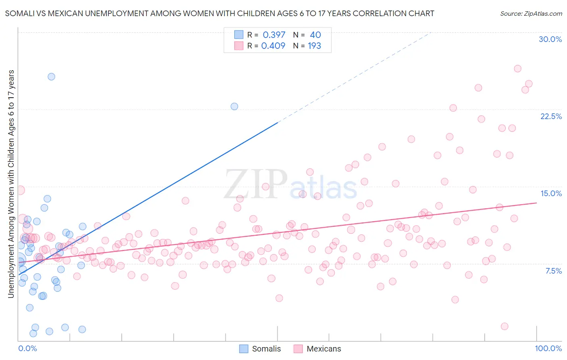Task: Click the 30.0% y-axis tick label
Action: coord(550,39)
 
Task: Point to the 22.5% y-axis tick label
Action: coord(551,116)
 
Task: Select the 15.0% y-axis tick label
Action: coord(551,193)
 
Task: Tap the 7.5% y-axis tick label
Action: coord(553,271)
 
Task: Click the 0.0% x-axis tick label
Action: coord(27,348)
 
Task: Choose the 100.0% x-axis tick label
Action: coord(548,348)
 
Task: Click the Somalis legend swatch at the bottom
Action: coord(244,349)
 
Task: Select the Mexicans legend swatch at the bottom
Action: coord(298,349)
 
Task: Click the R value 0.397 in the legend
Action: coord(274,35)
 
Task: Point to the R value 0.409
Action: coord(273,46)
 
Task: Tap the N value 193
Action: coord(314,46)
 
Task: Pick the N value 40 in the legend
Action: coord(315,35)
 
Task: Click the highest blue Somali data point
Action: coord(51,77)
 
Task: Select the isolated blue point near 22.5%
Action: coord(234,107)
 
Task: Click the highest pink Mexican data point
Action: coord(518,69)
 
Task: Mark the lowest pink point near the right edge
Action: coord(504,327)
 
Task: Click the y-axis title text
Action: coord(11,184)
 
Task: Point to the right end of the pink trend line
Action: coord(537,203)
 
